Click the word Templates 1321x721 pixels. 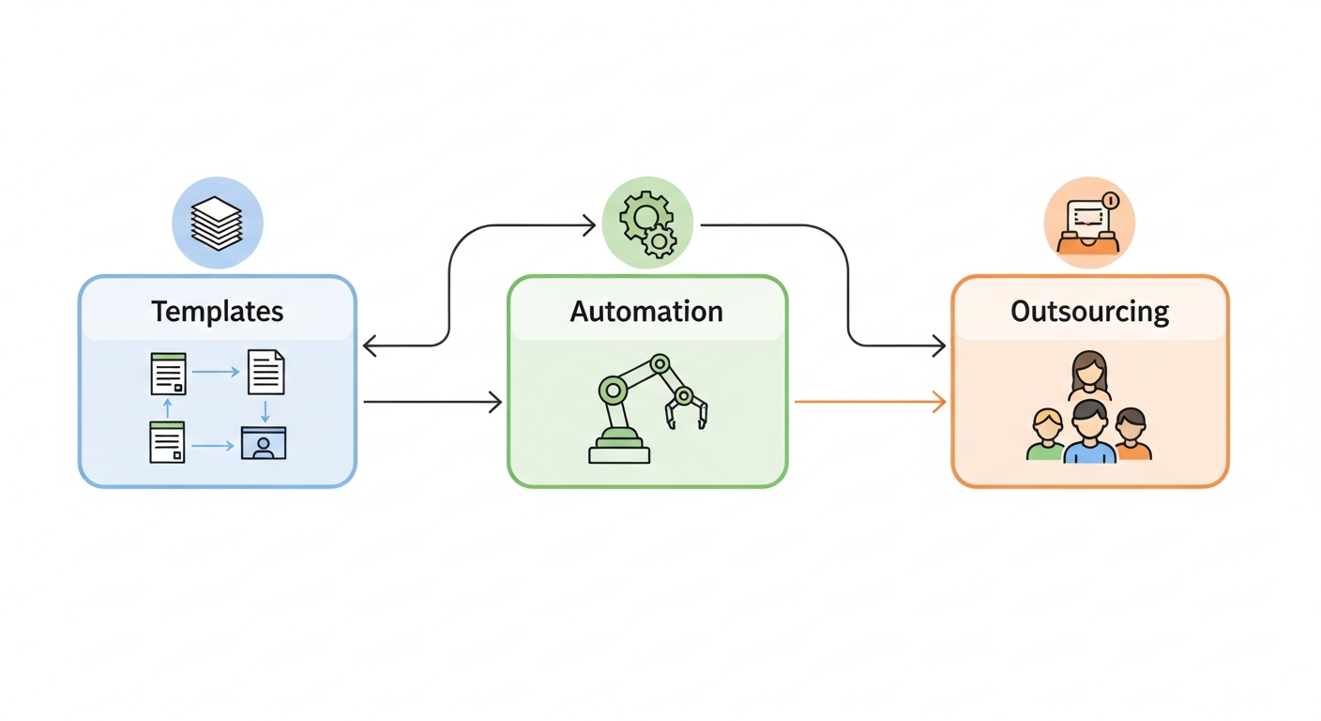217,311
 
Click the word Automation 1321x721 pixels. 646,311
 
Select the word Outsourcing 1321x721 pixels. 1089,311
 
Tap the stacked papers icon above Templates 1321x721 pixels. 217,223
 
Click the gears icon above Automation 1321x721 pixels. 647,223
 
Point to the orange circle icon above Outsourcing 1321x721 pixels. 1088,223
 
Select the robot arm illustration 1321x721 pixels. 647,409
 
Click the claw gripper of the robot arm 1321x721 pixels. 688,411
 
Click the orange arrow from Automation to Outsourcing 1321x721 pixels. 868,402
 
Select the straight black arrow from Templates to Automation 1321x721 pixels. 432,402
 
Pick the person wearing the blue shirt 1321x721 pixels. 1089,434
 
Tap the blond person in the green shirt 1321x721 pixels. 1044,436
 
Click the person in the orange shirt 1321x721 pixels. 1131,435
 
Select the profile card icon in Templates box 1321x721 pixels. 263,442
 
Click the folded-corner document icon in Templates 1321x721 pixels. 266,372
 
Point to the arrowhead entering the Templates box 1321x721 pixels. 369,345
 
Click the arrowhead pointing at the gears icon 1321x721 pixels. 589,225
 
